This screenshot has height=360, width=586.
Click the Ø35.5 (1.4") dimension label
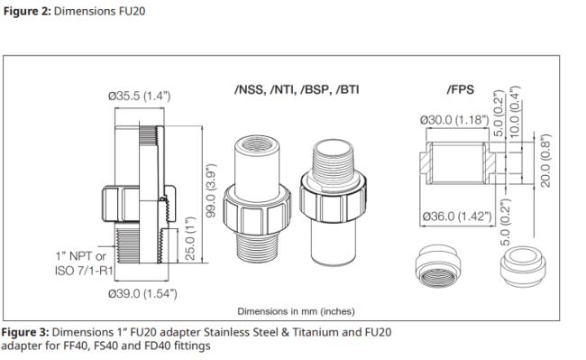click(x=139, y=96)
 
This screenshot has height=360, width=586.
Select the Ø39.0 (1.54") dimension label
click(x=142, y=293)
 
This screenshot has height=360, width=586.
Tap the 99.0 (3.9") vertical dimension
click(x=211, y=190)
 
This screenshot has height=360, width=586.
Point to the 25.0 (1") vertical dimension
click(x=190, y=238)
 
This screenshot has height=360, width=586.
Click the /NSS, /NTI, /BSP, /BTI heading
click(x=297, y=89)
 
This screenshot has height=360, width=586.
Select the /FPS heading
click(x=461, y=89)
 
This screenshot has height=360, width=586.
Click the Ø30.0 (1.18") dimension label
click(x=454, y=120)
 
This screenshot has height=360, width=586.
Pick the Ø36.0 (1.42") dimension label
click(x=457, y=217)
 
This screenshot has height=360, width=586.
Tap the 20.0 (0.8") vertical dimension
click(x=546, y=161)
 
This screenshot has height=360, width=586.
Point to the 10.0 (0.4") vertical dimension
click(x=516, y=112)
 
